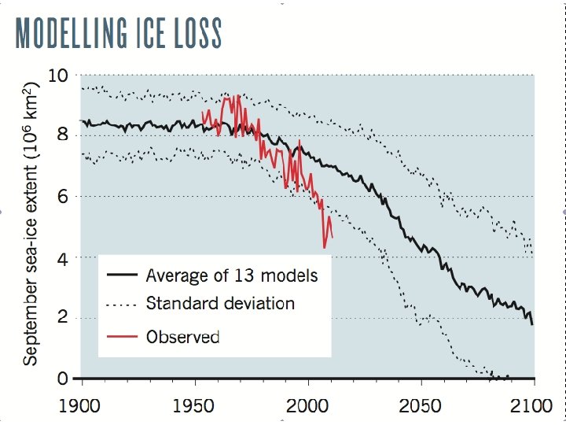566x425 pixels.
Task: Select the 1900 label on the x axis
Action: click(x=82, y=408)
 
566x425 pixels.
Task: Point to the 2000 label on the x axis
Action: click(x=307, y=408)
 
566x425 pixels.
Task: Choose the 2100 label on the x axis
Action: click(x=533, y=408)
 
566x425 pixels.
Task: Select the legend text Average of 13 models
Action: click(x=233, y=275)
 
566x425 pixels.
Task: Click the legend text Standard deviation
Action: click(x=220, y=303)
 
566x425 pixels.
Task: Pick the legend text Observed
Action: click(x=182, y=337)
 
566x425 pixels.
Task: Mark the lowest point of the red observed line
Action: click(x=325, y=248)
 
